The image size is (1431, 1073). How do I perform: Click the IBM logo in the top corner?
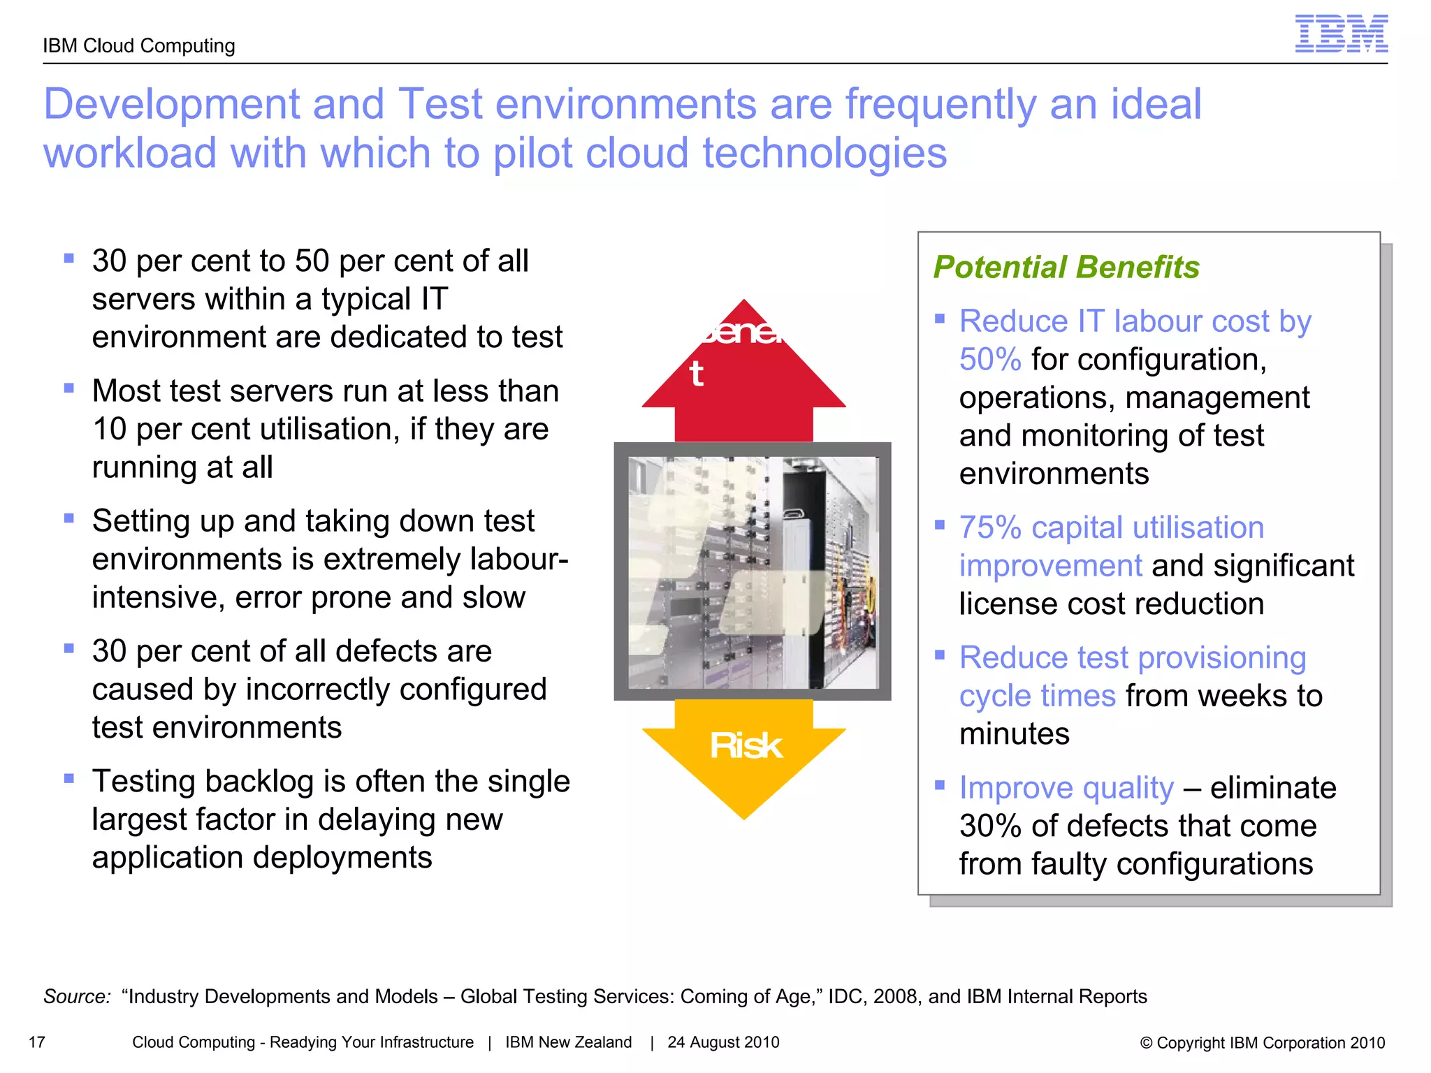tap(1341, 34)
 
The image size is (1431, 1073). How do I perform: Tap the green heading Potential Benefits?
tap(1066, 267)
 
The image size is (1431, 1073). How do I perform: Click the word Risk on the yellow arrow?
tap(745, 745)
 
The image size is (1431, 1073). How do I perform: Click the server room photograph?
tap(753, 571)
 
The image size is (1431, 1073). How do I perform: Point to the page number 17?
tap(37, 1042)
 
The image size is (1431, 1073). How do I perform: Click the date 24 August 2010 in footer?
tap(723, 1042)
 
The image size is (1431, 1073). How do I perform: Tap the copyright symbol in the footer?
tap(1146, 1043)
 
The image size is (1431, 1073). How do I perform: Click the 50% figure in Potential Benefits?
tap(989, 360)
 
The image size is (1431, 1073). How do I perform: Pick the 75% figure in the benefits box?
tap(990, 527)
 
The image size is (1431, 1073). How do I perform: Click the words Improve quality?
tap(1066, 788)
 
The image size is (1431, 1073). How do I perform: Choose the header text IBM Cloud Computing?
tap(139, 46)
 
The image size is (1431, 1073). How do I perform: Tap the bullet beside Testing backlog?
tap(68, 779)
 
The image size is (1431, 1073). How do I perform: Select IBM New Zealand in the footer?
tap(568, 1042)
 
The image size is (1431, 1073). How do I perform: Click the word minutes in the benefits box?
tap(1014, 734)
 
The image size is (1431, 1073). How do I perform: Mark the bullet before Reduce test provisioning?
tap(940, 655)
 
